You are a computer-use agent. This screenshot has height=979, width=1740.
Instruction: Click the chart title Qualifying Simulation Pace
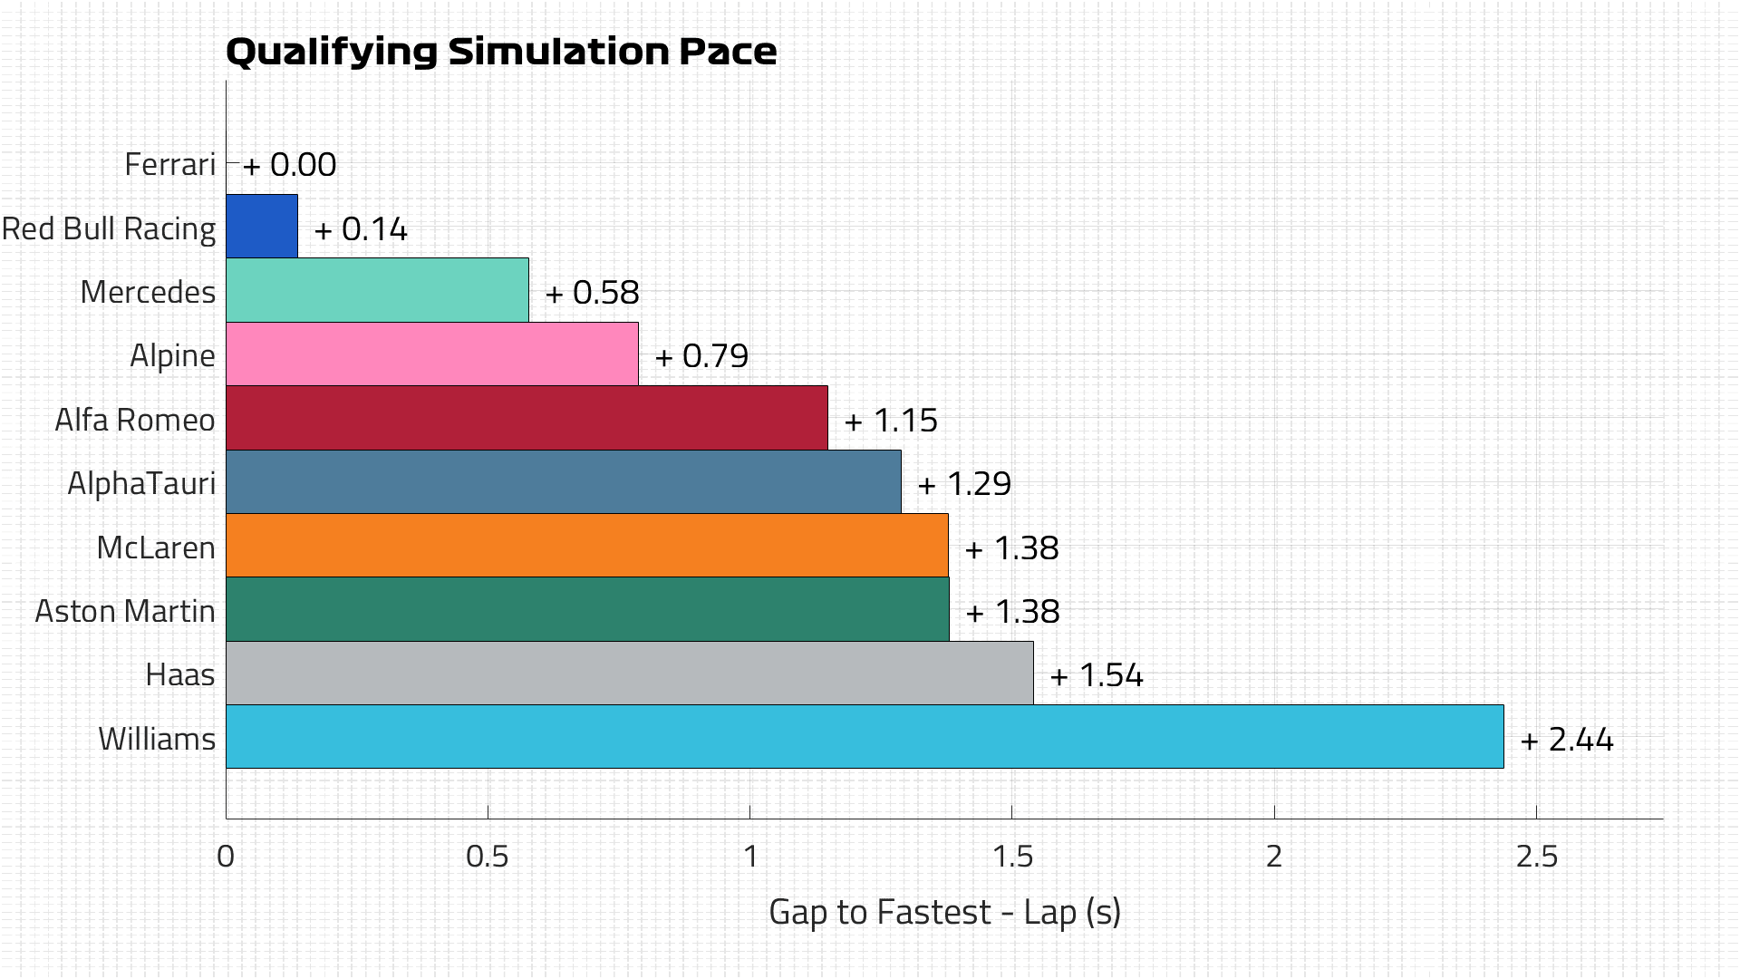point(500,52)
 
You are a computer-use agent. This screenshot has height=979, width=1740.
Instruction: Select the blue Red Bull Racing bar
point(262,226)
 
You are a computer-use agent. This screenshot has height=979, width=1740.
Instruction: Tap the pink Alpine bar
point(431,354)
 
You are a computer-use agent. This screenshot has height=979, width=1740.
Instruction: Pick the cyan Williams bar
point(865,736)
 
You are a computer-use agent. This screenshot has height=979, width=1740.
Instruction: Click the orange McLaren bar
point(586,546)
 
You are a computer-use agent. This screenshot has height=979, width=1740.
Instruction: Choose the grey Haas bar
point(629,673)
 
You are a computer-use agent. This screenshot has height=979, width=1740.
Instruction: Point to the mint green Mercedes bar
point(377,290)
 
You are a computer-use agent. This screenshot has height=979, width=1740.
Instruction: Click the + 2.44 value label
point(1567,740)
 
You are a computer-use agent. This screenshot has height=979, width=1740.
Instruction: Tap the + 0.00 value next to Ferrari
point(290,165)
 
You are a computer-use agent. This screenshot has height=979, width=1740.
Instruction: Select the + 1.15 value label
point(891,421)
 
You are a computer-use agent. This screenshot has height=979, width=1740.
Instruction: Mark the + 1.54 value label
point(1097,675)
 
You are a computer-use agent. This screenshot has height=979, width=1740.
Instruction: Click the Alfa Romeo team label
point(135,420)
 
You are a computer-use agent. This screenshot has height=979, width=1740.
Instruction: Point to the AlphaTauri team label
point(141,483)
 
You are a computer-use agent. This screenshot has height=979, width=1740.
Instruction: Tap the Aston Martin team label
point(125,611)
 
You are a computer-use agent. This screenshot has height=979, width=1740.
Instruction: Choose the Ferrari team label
point(169,164)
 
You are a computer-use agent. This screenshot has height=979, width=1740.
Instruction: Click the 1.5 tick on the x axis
point(1011,857)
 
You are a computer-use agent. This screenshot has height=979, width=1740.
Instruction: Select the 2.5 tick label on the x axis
point(1536,857)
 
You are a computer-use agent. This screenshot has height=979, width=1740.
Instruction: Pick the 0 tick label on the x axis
point(226,857)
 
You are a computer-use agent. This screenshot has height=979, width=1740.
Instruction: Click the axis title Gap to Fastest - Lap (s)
point(944,912)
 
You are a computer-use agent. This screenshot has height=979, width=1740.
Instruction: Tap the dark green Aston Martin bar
point(587,609)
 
